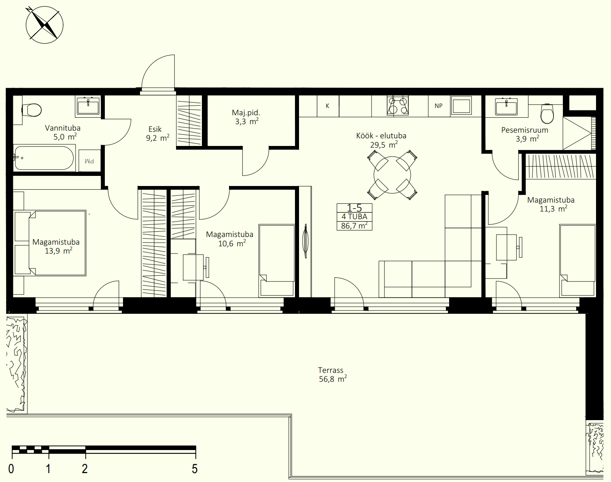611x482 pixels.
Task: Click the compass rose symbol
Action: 44,25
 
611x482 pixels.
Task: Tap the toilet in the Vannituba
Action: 32,110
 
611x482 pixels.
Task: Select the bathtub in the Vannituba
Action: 44,158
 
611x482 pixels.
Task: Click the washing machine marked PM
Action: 89,161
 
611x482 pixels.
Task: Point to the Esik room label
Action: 155,129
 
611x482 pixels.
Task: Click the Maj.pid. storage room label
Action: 246,113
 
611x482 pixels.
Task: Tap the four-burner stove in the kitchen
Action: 397,106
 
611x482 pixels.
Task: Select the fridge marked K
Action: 328,106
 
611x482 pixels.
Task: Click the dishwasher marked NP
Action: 439,106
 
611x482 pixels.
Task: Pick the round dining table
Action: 392,175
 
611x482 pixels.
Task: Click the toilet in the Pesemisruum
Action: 547,114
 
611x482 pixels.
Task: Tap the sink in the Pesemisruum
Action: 506,106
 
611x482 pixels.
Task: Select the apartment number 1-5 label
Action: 354,208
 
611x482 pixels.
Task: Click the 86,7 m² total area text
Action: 354,226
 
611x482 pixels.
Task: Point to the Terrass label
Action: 331,370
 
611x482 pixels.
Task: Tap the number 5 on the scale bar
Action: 195,469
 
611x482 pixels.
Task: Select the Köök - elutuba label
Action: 381,136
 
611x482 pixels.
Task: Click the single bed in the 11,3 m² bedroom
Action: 577,261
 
